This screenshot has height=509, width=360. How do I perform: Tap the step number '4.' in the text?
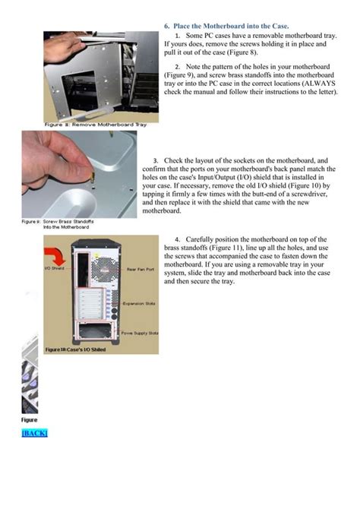pos(178,239)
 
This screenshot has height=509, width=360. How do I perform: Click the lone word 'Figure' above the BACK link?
pos(28,419)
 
